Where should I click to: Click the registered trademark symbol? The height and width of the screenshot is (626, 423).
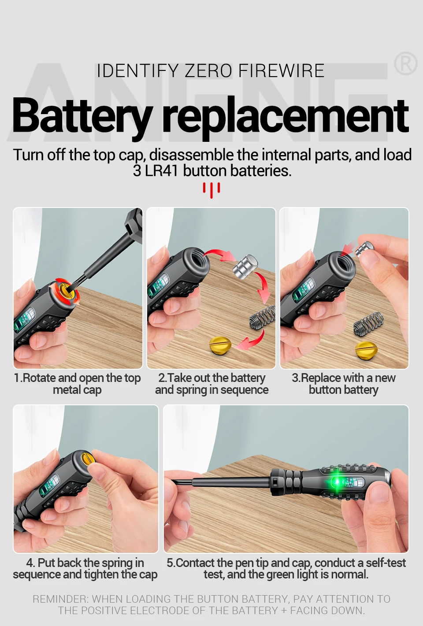coord(406,63)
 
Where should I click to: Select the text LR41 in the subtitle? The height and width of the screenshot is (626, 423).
coord(161,171)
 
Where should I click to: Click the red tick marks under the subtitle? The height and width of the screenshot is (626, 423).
coord(211,190)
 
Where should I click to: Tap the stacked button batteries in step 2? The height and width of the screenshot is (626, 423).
coord(245,267)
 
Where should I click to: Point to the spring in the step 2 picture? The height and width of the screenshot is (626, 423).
coord(262,316)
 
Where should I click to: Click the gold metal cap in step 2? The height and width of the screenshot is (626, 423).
coord(220,345)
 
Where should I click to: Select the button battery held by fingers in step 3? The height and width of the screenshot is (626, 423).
coord(364,249)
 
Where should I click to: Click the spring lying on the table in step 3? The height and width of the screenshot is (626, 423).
coord(368,323)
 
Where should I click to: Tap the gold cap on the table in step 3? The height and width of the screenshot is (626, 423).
coord(366,350)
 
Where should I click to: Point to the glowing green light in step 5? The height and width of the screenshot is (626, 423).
coord(337,482)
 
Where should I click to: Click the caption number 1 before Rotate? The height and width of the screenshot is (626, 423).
coord(16,378)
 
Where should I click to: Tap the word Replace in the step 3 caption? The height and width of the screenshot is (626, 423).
coord(321,378)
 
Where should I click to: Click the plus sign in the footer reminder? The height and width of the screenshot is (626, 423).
coord(284,611)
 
